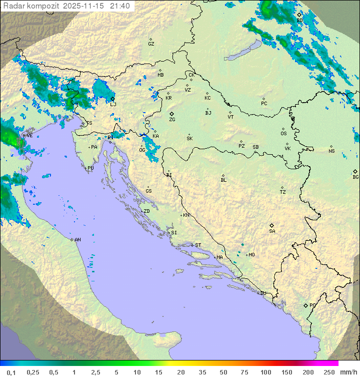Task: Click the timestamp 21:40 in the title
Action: [120, 6]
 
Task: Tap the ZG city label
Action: [172, 120]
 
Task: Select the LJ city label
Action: [113, 104]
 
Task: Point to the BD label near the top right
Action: [300, 21]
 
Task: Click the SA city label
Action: [272, 231]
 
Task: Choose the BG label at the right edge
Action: [355, 177]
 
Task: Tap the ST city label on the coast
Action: [198, 245]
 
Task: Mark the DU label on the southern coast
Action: [262, 293]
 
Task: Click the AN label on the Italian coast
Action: [77, 240]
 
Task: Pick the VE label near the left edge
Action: [29, 136]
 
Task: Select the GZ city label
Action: [151, 44]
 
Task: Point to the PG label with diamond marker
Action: [312, 305]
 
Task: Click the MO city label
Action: [251, 255]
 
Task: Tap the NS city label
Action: [331, 151]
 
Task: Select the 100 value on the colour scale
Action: [265, 372]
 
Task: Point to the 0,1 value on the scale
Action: [11, 372]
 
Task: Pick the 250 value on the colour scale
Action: [328, 372]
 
